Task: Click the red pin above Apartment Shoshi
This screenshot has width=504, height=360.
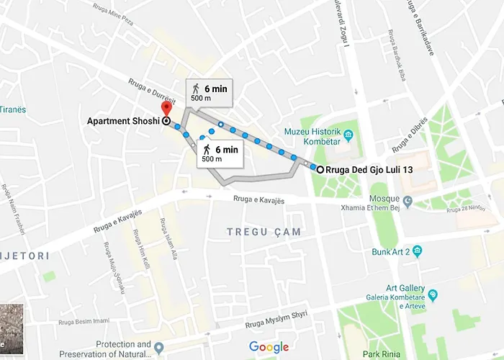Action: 166,108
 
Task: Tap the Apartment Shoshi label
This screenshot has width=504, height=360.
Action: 122,122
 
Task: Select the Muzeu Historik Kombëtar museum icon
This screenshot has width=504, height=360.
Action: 348,135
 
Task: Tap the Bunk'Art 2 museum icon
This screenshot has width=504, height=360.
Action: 417,251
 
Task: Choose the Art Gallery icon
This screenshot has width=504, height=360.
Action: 433,294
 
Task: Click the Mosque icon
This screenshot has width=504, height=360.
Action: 408,201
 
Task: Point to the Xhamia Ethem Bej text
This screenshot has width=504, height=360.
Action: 373,207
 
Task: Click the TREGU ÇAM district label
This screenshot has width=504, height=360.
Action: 264,232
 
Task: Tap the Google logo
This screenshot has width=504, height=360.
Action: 269,347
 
